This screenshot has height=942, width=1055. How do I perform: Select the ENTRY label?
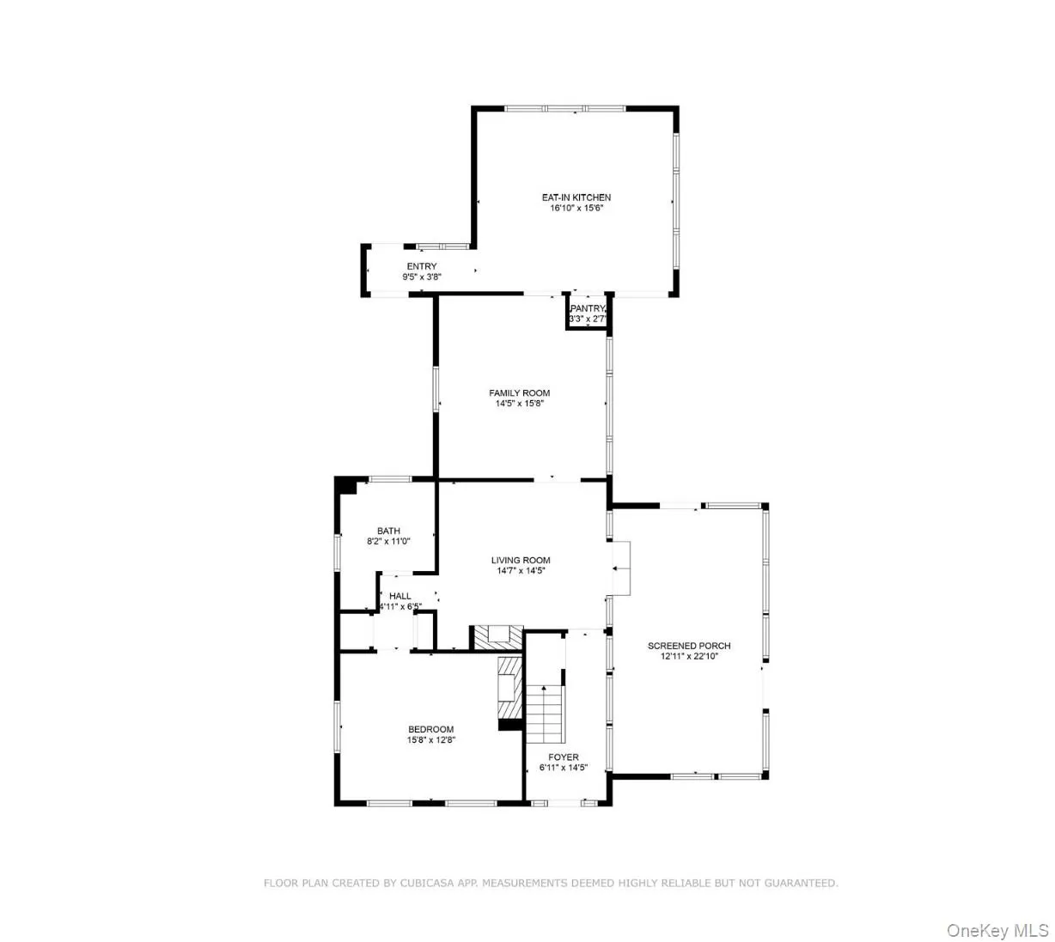[x=421, y=266]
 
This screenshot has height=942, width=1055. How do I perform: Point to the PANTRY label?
[x=588, y=308]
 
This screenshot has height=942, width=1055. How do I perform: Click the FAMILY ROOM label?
[x=519, y=393]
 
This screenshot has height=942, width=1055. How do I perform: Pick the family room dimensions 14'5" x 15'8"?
[x=520, y=404]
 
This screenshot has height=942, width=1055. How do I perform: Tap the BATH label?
[x=388, y=531]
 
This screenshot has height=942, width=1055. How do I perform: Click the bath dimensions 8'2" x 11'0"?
[x=388, y=542]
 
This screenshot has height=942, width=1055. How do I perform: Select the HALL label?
[x=399, y=596]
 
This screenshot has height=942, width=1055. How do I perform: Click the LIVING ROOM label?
[x=521, y=561]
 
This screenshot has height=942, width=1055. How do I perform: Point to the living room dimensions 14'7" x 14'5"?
[x=521, y=571]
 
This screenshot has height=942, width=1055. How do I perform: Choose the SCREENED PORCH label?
[x=689, y=646]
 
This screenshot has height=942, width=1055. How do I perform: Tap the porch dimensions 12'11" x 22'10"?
[x=689, y=657]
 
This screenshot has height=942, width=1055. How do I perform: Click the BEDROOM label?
[x=430, y=729]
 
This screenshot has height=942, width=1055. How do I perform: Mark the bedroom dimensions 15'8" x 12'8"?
[x=430, y=740]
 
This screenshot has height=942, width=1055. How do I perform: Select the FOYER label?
[x=564, y=757]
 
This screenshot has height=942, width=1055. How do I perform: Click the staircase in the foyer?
[x=545, y=713]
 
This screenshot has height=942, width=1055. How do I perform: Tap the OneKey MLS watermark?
[x=997, y=930]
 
